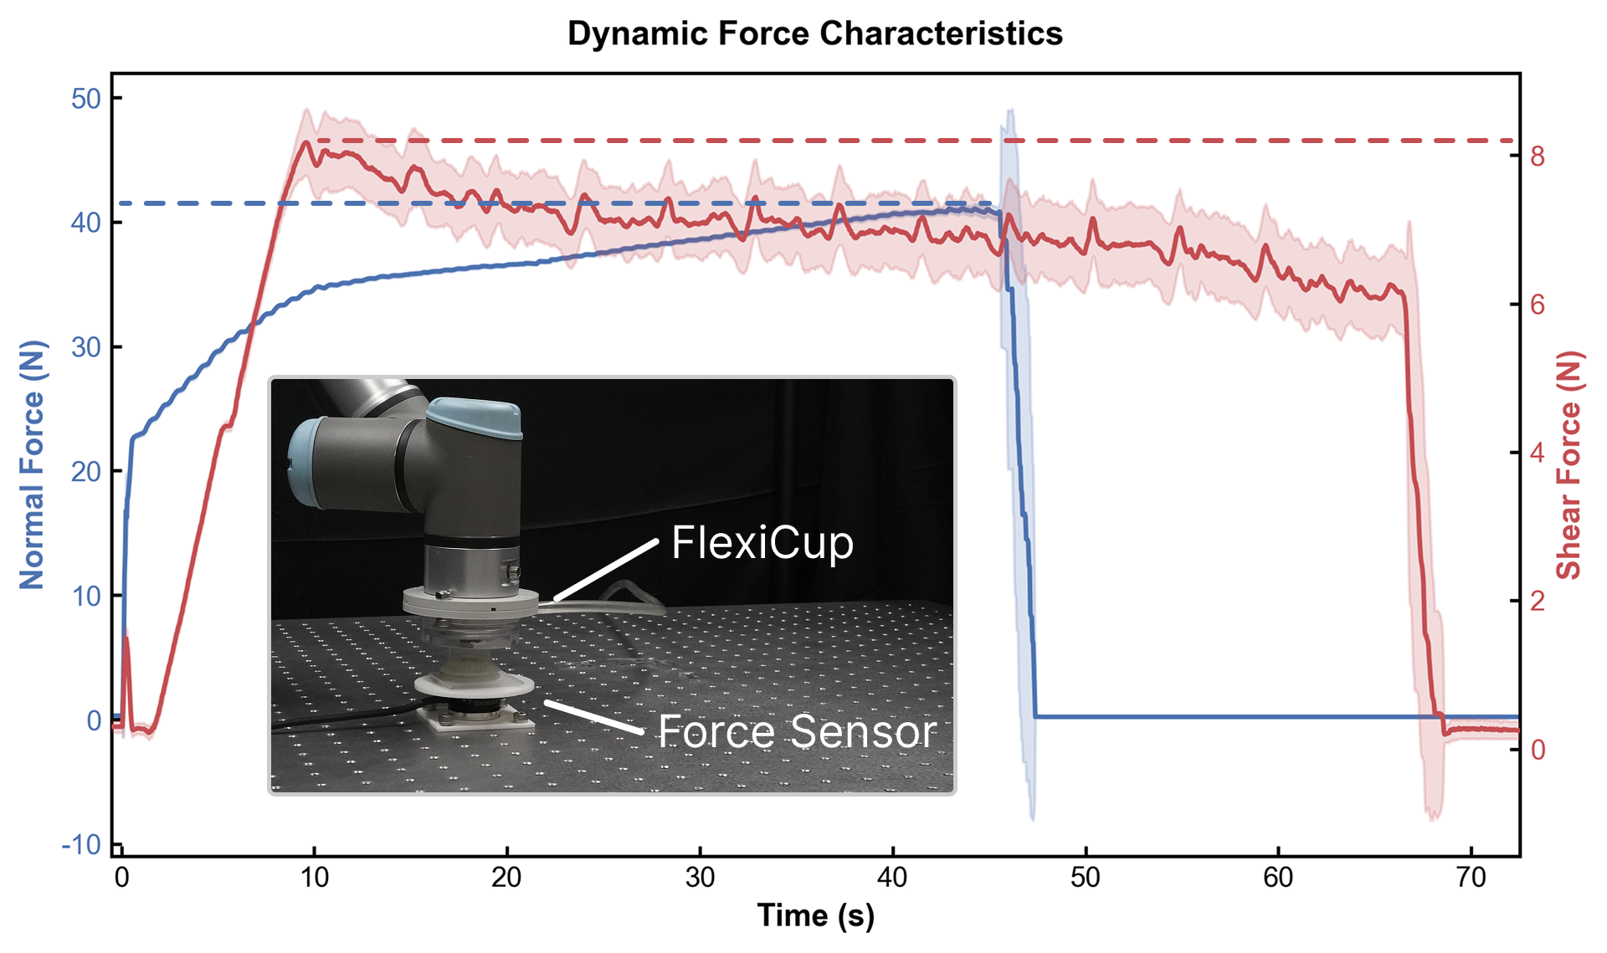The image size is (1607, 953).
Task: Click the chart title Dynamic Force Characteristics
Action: click(x=814, y=34)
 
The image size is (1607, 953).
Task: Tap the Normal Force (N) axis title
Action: click(x=32, y=464)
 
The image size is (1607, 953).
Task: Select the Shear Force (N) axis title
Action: click(x=1569, y=465)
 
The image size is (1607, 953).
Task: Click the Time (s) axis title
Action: click(x=815, y=915)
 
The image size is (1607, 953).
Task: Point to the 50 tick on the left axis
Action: click(x=85, y=99)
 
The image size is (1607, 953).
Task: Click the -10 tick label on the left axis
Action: click(x=81, y=845)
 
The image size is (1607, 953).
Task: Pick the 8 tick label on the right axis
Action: click(x=1538, y=156)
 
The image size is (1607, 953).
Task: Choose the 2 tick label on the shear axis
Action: click(x=1538, y=601)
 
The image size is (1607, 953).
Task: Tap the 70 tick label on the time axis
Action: click(x=1471, y=878)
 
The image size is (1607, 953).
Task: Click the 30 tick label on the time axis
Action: click(x=700, y=878)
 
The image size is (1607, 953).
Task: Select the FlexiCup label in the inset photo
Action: click(x=762, y=543)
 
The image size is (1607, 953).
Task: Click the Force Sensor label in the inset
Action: click(x=797, y=731)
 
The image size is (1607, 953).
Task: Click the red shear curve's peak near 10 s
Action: click(x=306, y=142)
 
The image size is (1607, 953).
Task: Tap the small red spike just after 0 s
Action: click(x=126, y=639)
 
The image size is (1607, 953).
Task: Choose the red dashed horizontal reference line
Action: click(x=921, y=141)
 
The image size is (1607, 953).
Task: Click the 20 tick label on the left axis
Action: click(x=85, y=472)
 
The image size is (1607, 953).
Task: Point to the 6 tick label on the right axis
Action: click(x=1538, y=305)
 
